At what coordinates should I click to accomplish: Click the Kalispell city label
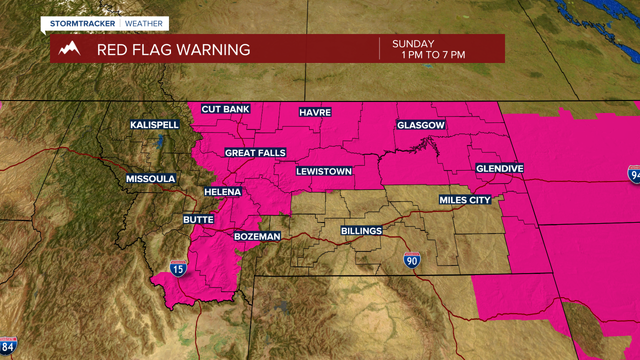coord(154,124)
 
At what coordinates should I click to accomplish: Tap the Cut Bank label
coord(225,109)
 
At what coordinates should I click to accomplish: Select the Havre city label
coord(315,112)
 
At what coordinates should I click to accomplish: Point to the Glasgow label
coord(420,125)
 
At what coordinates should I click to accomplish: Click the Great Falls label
coord(255,152)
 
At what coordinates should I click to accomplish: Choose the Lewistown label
coord(324,171)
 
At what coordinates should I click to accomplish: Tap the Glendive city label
coord(499,168)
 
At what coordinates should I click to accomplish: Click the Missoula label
coord(150,178)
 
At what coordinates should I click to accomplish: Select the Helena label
coord(222,191)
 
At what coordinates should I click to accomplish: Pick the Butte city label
coord(198,219)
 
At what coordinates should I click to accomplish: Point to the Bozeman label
coord(257,236)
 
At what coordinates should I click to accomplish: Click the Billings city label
coord(361,230)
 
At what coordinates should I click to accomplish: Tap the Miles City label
coord(465,200)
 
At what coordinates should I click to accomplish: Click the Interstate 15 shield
coord(178,268)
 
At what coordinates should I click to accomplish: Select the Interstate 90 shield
coord(412,260)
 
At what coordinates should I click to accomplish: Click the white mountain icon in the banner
coord(69,48)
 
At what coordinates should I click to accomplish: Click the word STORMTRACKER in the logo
coord(82,23)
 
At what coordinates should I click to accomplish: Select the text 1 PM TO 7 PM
coord(433,54)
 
